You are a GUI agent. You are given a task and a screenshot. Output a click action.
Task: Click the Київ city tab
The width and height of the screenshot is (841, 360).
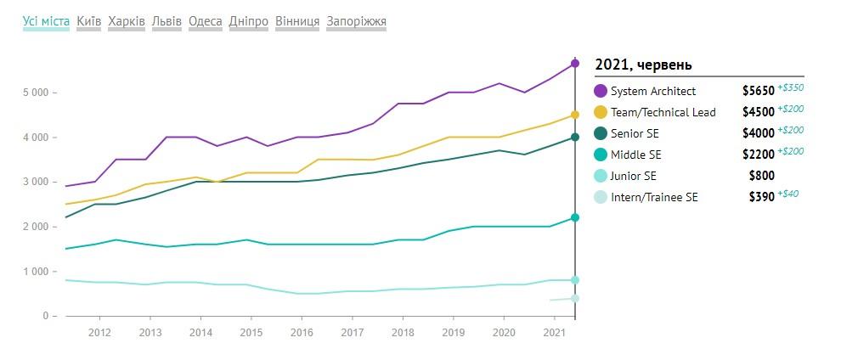click(x=88, y=21)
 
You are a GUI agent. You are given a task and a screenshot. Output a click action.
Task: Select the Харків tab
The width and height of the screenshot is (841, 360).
click(x=127, y=21)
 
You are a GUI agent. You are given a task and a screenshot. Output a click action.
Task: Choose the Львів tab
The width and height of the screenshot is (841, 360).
click(x=167, y=21)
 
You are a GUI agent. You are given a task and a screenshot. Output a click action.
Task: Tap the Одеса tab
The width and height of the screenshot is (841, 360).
click(x=206, y=21)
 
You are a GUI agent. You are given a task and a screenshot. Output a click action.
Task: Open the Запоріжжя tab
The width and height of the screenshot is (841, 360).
click(x=356, y=21)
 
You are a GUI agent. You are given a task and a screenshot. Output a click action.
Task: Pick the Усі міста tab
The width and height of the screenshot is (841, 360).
click(x=46, y=21)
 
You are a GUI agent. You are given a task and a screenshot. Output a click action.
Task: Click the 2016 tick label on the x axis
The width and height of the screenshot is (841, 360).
click(x=302, y=332)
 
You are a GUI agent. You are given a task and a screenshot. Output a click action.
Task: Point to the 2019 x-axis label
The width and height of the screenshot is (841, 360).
click(x=454, y=332)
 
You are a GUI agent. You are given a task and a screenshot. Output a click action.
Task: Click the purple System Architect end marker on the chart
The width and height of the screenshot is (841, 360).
click(x=575, y=64)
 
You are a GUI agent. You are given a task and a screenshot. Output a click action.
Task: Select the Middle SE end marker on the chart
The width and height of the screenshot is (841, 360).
click(x=575, y=217)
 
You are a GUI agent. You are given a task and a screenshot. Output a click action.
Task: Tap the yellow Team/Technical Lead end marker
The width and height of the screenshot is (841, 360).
click(x=575, y=115)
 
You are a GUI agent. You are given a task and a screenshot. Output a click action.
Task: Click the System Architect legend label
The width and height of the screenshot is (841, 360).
click(x=653, y=91)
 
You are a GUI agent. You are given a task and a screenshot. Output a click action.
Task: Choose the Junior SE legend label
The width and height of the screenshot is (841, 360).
click(x=635, y=176)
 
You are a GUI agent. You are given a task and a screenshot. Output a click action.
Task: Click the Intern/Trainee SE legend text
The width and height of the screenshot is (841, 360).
click(x=654, y=197)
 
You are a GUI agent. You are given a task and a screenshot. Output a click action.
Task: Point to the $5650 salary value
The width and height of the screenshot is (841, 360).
click(x=759, y=91)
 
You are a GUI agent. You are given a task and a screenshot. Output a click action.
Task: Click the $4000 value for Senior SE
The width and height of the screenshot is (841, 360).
click(x=759, y=133)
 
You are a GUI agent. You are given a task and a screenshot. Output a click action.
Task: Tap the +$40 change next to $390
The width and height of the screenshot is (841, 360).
click(x=788, y=194)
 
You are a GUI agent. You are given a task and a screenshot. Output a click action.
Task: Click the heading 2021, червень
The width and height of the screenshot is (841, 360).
click(x=643, y=65)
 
